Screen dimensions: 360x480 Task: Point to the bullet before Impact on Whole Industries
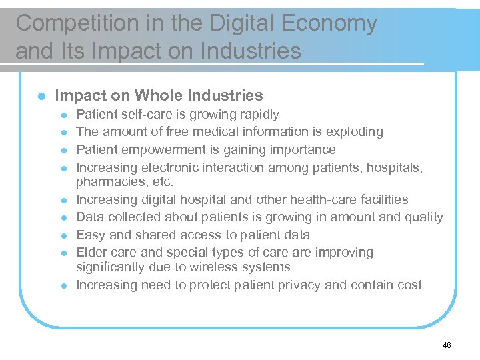[41, 97]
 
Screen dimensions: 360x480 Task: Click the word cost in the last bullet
[409, 285]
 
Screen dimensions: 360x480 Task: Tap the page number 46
[446, 345]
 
